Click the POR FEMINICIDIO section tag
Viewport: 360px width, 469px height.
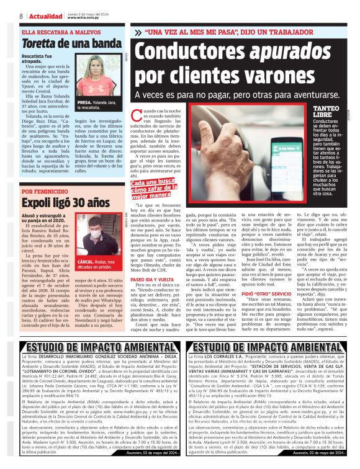point(45,192)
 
